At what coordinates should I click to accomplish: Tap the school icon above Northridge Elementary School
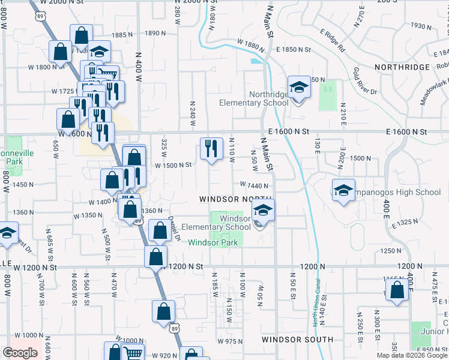pyautogui.click(x=298, y=88)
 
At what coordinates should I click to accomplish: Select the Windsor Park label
pyautogui.click(x=213, y=242)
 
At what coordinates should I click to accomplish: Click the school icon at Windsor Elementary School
pyautogui.click(x=262, y=212)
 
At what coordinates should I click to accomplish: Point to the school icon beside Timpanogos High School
pyautogui.click(x=343, y=191)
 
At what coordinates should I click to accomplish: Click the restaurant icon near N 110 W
pyautogui.click(x=211, y=148)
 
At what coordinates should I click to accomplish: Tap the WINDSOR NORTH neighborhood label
pyautogui.click(x=236, y=199)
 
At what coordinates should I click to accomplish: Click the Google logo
pyautogui.click(x=20, y=353)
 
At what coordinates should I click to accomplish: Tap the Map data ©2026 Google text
pyautogui.click(x=412, y=355)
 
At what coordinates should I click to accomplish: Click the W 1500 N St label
pyautogui.click(x=173, y=165)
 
